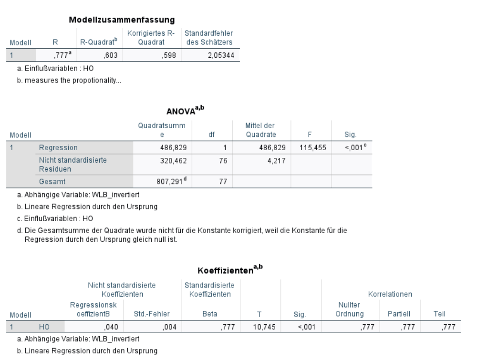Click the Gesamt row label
point(50,181)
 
